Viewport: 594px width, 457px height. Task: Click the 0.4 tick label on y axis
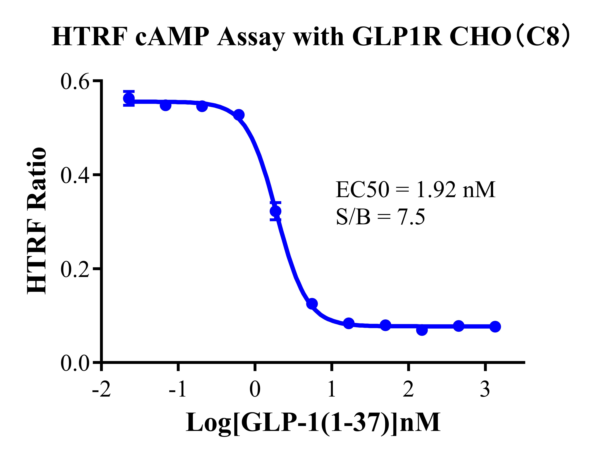pos(75,175)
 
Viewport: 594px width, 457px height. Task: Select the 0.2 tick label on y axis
pos(75,269)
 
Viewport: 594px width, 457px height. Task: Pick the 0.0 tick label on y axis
pos(75,363)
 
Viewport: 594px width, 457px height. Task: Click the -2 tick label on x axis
pos(101,390)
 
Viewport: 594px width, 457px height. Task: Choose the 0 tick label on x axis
pos(255,390)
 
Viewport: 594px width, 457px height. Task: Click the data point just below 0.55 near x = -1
pos(166,105)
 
